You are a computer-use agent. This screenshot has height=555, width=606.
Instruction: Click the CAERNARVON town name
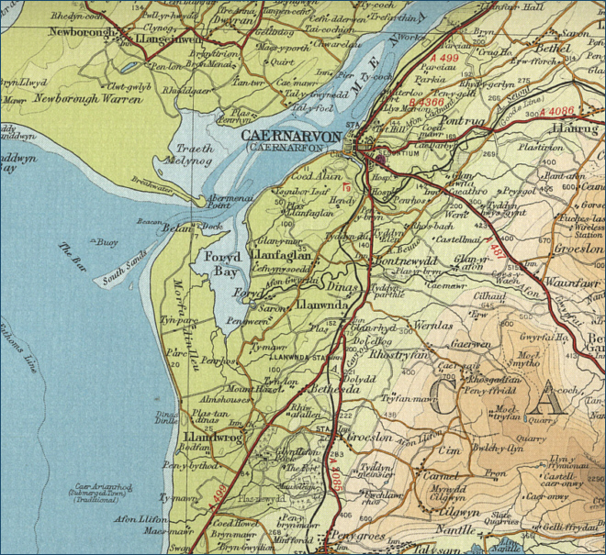(291, 136)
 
